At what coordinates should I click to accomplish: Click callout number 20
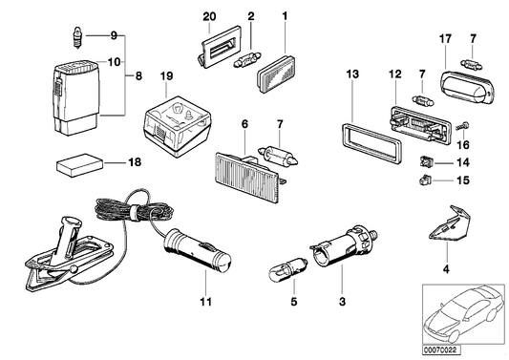coord(210,16)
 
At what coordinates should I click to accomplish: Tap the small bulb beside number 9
coord(76,37)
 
